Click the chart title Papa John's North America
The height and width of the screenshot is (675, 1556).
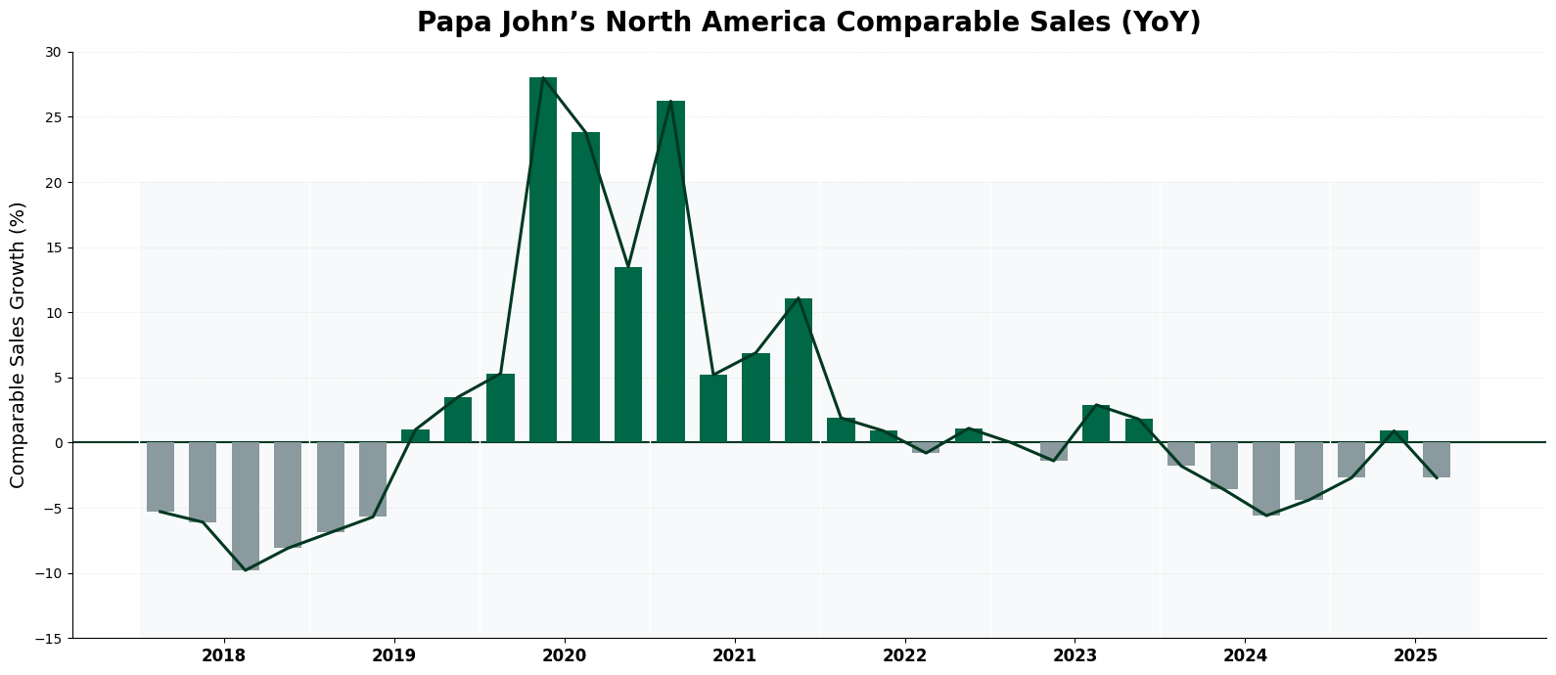click(808, 22)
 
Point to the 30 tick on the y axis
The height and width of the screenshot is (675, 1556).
click(52, 52)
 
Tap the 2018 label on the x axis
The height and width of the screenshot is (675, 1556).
click(223, 655)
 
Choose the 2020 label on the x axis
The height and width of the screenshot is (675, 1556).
click(564, 655)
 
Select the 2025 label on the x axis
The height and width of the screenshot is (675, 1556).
click(1415, 655)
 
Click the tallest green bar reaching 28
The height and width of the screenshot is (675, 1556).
click(543, 259)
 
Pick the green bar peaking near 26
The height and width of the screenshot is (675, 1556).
click(670, 271)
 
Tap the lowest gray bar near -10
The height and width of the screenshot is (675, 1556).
click(246, 506)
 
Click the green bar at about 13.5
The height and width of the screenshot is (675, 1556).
click(628, 354)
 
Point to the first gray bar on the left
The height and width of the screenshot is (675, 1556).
click(160, 476)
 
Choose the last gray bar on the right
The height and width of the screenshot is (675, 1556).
click(1437, 460)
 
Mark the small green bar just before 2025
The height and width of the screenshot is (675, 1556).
click(1394, 436)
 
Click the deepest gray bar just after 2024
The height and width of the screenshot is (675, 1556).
click(1266, 478)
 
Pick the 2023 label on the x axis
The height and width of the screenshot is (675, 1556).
click(1075, 655)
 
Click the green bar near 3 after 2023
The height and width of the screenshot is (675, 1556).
click(1096, 424)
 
